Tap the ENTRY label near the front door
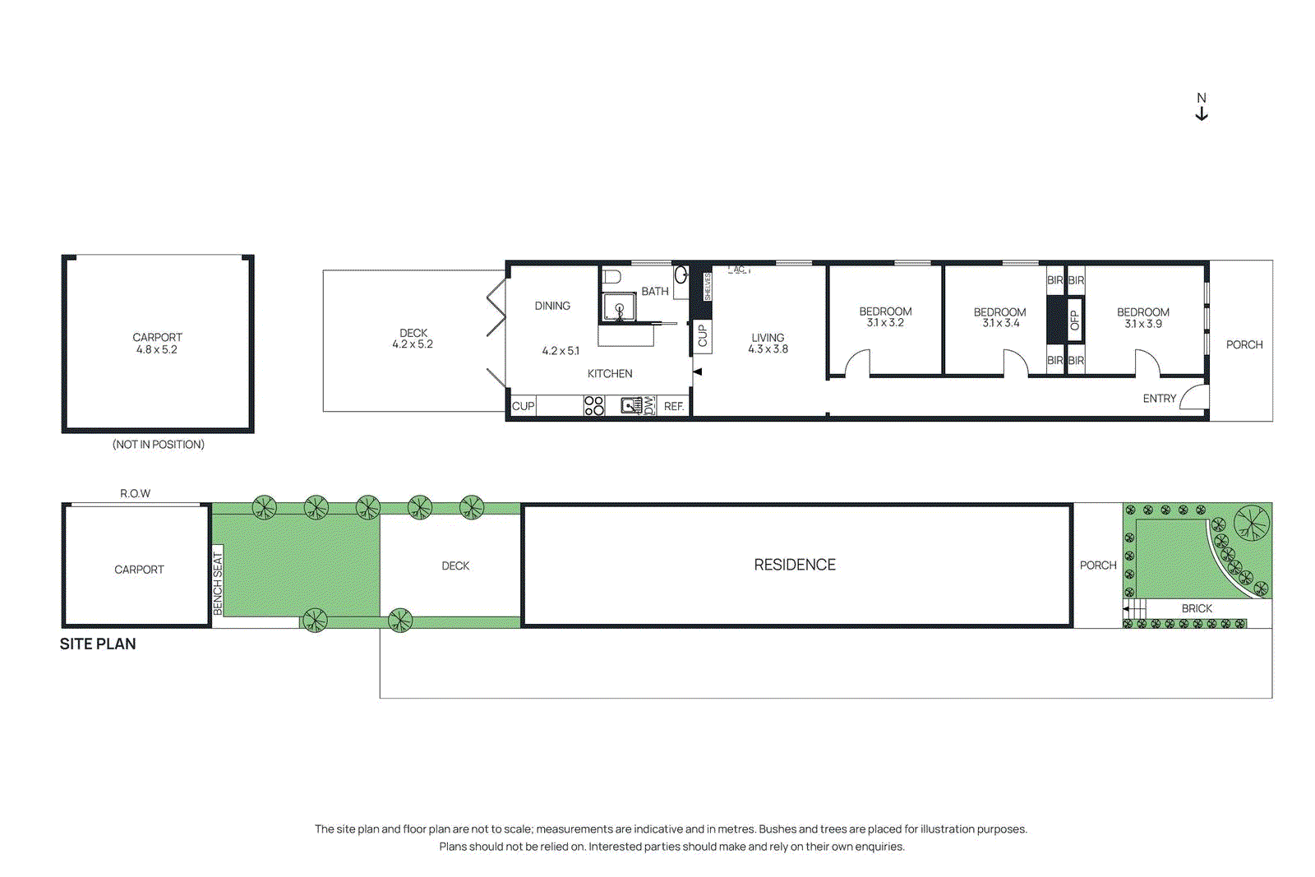pos(1159,399)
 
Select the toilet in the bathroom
pos(611,276)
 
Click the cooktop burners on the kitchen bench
pos(594,405)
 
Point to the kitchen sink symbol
pos(631,405)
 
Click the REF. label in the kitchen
pos(674,406)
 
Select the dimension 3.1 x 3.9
pos(1143,324)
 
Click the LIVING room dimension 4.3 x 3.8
pos(768,349)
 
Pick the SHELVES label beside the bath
pos(708,286)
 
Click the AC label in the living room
pos(739,270)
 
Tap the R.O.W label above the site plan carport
pos(136,493)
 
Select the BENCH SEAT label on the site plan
pos(218,582)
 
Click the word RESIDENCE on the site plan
pos(795,565)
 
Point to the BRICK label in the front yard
pos(1197,608)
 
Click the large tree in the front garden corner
pos(1251,522)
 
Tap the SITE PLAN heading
pos(98,644)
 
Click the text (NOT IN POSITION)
pos(159,445)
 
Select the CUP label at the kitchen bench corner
pos(523,406)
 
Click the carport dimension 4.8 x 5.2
pos(157,349)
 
